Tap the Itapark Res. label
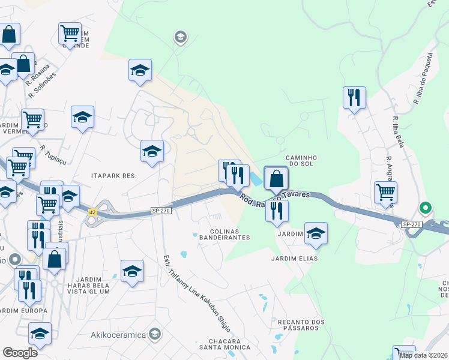(x=114, y=176)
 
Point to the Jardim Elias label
(x=294, y=259)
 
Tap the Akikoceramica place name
(x=118, y=334)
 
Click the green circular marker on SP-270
(x=426, y=209)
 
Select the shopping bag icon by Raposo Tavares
(x=276, y=178)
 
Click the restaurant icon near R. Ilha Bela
(x=354, y=97)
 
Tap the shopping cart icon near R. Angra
(x=385, y=192)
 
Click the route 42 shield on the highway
(x=92, y=212)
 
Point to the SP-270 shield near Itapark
(x=161, y=211)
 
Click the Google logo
(x=20, y=352)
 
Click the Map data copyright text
(x=424, y=355)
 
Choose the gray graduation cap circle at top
(x=180, y=38)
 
